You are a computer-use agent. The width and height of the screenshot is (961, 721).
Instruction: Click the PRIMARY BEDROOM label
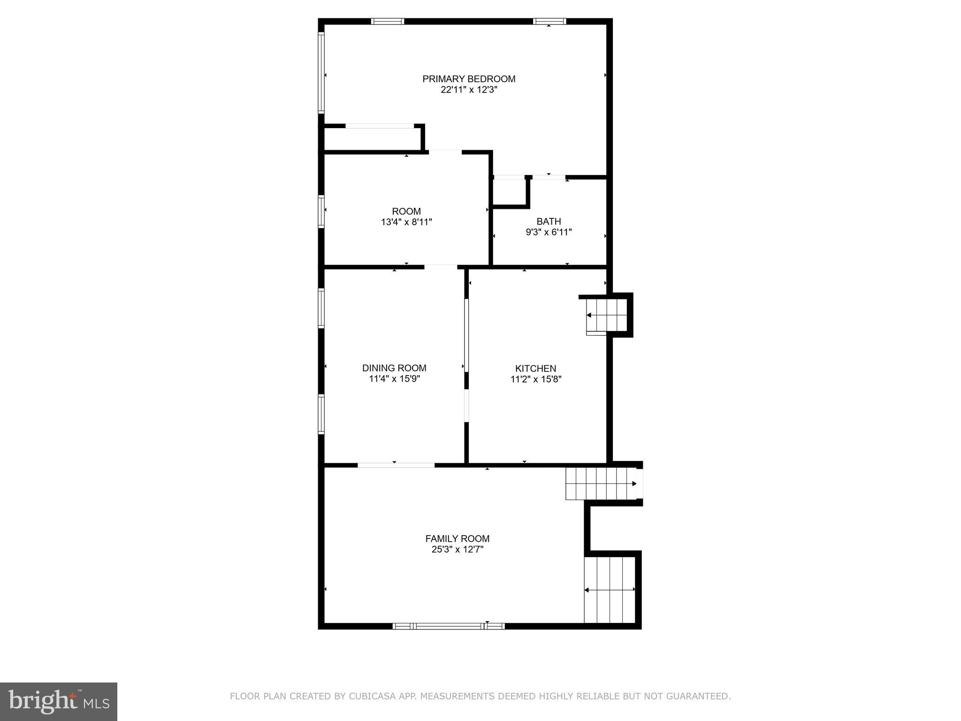tap(469, 79)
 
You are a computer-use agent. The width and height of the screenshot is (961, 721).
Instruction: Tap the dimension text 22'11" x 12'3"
tap(469, 90)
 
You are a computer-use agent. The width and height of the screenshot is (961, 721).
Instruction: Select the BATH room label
tap(549, 221)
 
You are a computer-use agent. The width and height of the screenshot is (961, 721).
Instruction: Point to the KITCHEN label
tap(535, 368)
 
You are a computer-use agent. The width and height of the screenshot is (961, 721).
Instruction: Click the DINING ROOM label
tap(394, 368)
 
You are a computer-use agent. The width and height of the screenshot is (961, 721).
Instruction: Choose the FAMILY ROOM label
tap(457, 538)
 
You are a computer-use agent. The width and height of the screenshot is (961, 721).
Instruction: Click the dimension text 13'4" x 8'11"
tap(406, 222)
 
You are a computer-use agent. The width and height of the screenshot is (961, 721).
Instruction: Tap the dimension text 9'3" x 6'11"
tap(549, 232)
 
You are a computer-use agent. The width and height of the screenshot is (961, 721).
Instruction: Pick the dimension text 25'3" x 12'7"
tap(457, 549)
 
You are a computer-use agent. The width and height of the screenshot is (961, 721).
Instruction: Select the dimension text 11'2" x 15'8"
tap(535, 379)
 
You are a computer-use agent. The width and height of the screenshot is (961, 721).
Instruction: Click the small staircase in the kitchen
tap(606, 316)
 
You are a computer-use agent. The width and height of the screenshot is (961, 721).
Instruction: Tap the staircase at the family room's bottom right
tap(610, 590)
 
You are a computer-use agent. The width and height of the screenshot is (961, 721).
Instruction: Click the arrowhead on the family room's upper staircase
tap(634, 483)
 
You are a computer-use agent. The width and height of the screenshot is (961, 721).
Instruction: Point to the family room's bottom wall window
tap(449, 626)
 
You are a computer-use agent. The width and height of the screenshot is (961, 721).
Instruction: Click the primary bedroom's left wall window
tap(321, 72)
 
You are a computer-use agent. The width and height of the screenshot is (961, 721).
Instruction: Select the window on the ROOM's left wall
tap(321, 211)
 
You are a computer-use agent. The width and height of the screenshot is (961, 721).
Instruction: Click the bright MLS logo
tap(59, 702)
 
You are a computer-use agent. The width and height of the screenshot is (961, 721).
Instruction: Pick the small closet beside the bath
tap(509, 192)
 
